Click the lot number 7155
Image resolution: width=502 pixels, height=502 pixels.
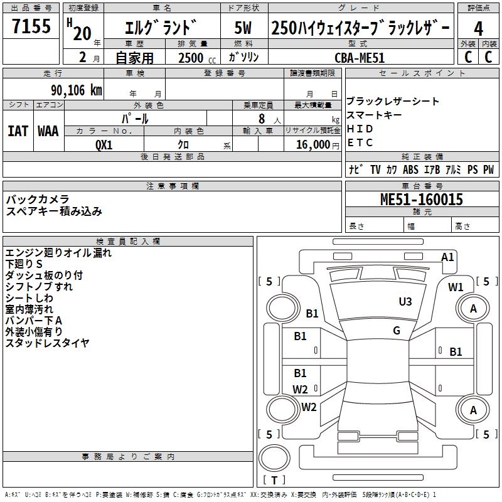point(31,26)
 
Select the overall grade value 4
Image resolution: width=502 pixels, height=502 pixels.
point(478,29)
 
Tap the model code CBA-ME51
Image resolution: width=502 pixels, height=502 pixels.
point(360,58)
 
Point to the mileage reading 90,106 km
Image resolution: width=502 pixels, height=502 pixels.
point(77,90)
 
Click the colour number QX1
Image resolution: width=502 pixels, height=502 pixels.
point(104,145)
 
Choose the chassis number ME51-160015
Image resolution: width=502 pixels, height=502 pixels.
point(422,200)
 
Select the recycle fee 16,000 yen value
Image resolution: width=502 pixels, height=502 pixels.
point(318,145)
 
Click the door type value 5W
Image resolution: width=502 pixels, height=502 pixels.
point(243,28)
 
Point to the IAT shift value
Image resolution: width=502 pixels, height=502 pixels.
point(18,131)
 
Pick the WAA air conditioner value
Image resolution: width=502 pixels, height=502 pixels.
point(48,131)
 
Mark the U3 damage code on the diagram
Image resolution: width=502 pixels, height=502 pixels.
point(405,302)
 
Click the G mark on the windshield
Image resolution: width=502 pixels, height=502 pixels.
point(397,331)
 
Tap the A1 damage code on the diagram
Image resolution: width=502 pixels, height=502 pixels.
point(447,257)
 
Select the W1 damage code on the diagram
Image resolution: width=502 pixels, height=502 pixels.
point(456,287)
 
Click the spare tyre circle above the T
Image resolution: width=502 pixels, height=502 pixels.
point(274,458)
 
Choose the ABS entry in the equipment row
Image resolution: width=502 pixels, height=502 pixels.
point(410,169)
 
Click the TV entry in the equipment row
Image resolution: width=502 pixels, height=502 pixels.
point(375,169)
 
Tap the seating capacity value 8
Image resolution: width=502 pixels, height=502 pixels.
point(262,119)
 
